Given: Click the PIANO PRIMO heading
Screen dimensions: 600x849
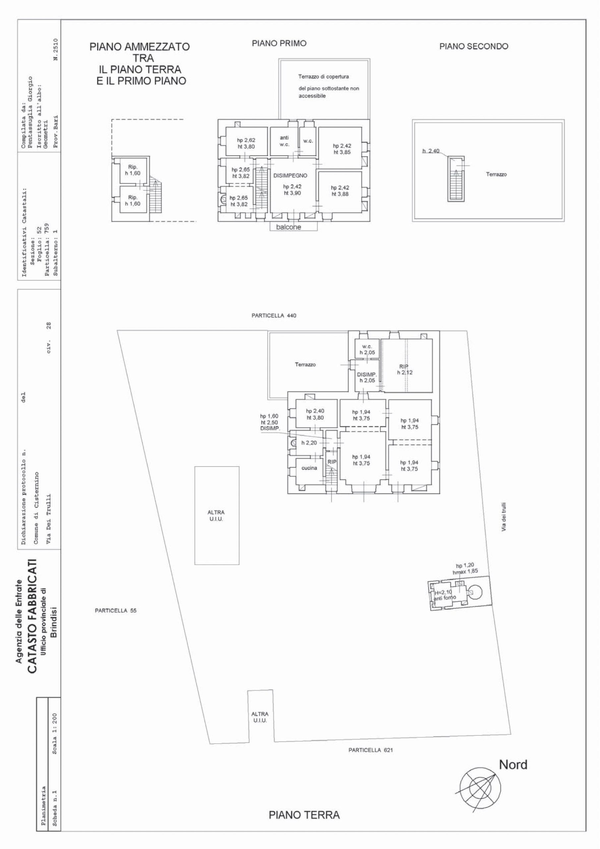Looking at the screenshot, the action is point(279,43).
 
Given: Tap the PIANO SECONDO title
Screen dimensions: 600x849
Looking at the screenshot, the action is point(474,46).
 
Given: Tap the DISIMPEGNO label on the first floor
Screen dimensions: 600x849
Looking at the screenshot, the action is point(290,176).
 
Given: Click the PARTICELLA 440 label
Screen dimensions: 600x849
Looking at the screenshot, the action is point(274,316).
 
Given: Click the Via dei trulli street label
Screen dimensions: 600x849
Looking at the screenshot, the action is point(504,517).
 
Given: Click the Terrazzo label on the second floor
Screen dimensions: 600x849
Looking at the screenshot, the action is point(496,174).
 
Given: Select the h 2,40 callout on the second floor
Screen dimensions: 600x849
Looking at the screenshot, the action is point(431,151).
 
